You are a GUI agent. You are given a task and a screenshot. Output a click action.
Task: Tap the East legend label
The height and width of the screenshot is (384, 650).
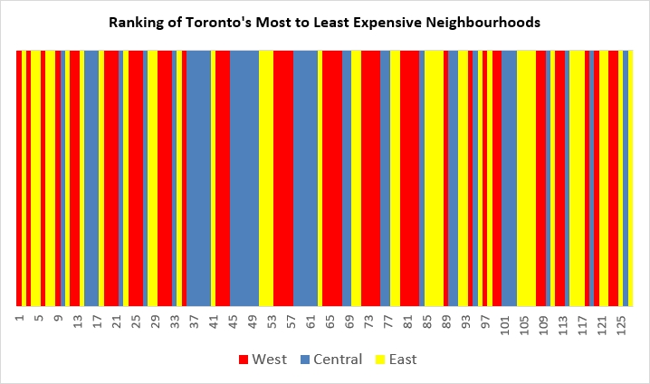[x=402, y=360]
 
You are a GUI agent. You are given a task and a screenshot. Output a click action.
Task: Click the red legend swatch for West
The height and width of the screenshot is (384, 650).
[x=244, y=360]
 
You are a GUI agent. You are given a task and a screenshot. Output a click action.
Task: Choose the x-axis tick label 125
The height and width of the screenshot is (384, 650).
[x=621, y=322]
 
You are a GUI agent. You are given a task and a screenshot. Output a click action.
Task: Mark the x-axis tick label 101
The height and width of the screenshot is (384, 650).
[x=504, y=322]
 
